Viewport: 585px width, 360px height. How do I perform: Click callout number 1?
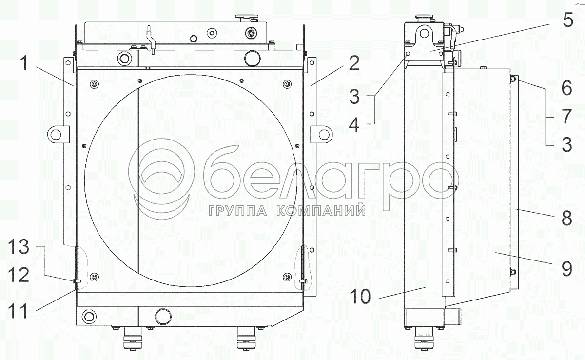click(x=24, y=63)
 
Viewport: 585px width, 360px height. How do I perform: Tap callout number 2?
click(x=354, y=63)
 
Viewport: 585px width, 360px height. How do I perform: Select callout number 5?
click(x=568, y=20)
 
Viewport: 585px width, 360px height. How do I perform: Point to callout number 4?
click(x=354, y=124)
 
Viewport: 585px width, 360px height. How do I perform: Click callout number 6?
click(x=566, y=88)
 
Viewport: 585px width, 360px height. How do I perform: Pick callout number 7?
click(x=566, y=116)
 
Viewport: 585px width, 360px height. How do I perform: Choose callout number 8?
click(x=566, y=218)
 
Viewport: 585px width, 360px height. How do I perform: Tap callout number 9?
click(x=566, y=269)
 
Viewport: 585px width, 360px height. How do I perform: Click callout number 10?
click(x=360, y=297)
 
